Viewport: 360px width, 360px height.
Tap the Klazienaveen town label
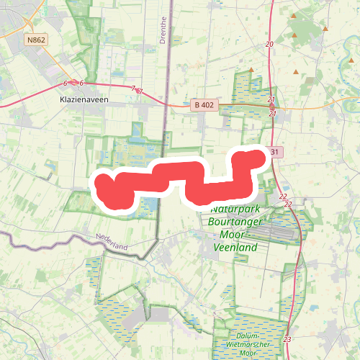pos(84,100)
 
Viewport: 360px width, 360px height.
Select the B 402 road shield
pos(204,104)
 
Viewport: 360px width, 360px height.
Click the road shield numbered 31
pos(274,152)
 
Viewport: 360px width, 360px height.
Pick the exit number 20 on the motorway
pos(269,45)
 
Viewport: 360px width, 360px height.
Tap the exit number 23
pos(287,339)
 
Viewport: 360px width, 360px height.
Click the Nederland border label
pos(111,243)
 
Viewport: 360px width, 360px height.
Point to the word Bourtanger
pos(234,222)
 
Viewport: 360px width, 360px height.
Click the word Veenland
pos(235,247)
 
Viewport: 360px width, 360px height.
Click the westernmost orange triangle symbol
pos(251,70)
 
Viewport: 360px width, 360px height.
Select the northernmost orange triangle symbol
pos(293,15)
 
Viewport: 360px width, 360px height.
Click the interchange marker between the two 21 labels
pos(272,107)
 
